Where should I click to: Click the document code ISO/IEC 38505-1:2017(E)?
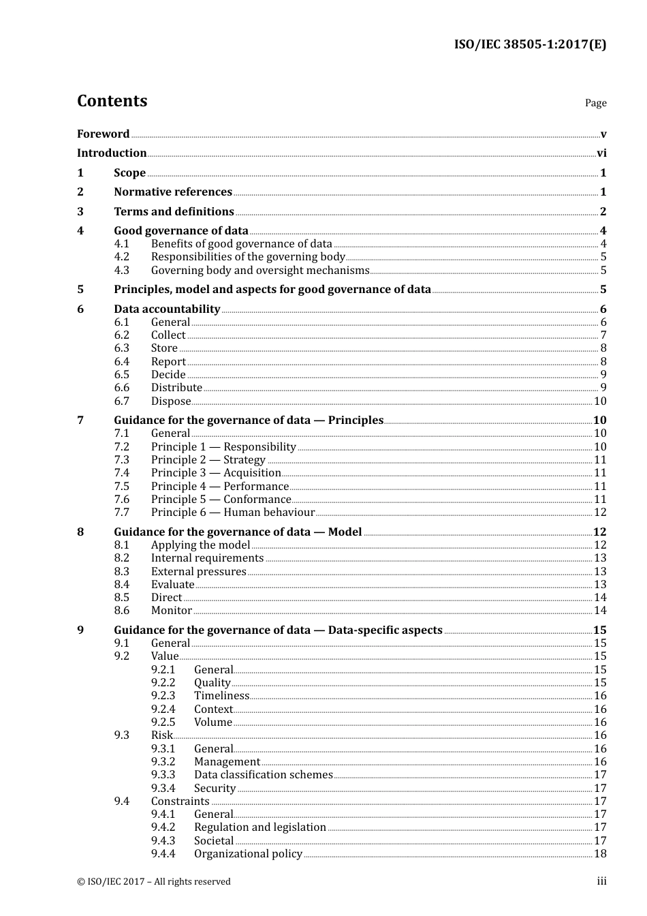click(530, 45)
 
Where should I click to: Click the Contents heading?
click(112, 101)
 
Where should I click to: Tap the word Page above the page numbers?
click(595, 103)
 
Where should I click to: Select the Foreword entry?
click(103, 134)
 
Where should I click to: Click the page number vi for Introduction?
click(601, 153)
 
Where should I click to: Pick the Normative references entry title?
click(173, 192)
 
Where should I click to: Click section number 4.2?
click(121, 257)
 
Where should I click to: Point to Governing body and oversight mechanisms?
click(259, 270)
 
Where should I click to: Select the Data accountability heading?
click(167, 309)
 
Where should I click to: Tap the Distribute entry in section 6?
click(176, 388)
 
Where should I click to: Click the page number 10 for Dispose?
click(600, 401)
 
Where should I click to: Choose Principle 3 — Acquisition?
click(216, 473)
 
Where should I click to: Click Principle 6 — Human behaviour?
click(233, 513)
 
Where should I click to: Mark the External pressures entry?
click(198, 572)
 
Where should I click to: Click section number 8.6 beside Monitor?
click(121, 611)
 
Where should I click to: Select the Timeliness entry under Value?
click(221, 696)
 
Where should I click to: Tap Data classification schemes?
click(263, 775)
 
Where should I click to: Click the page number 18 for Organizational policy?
click(600, 854)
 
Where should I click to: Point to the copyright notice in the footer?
click(154, 882)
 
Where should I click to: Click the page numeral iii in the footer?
click(601, 881)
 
